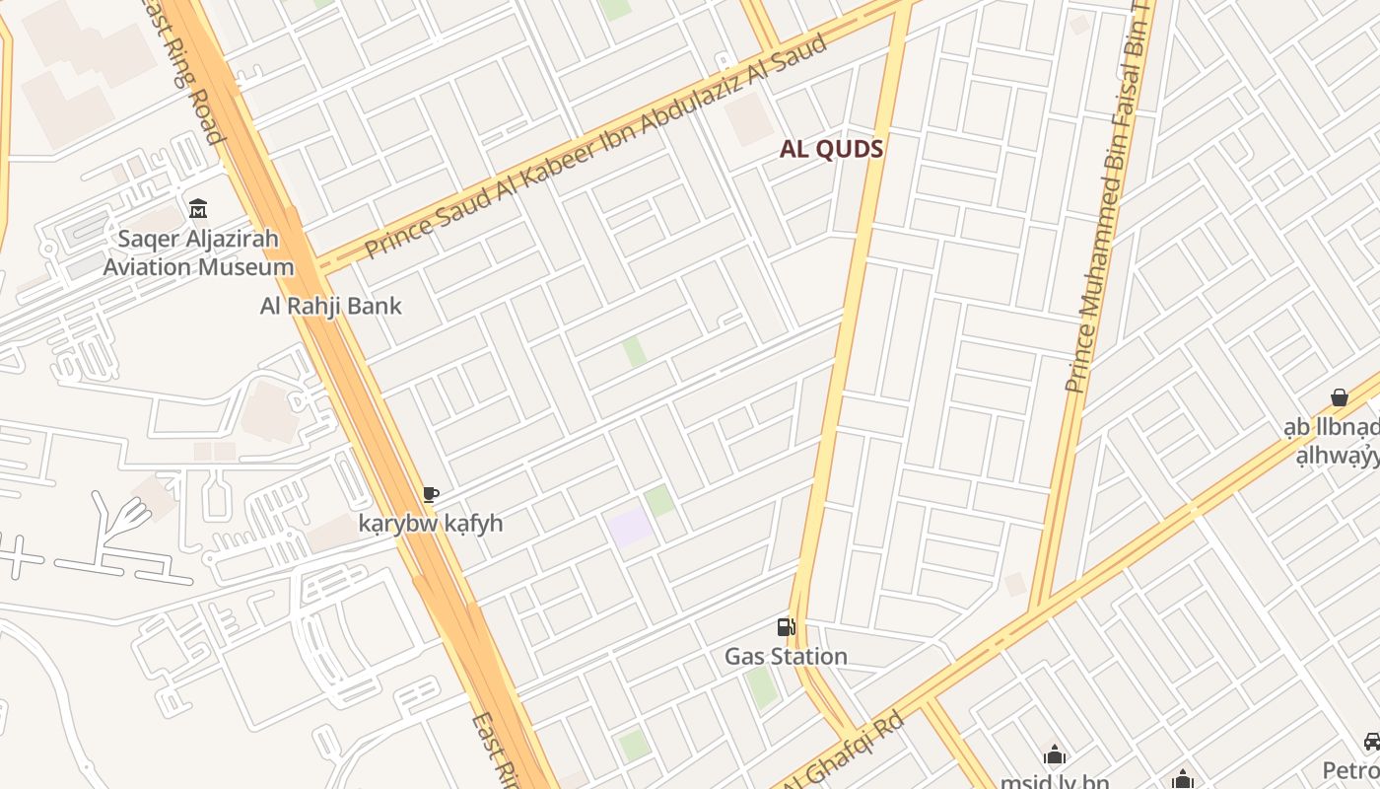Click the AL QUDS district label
[x=831, y=149]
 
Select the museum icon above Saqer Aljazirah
[x=198, y=208]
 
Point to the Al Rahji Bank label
[x=330, y=306]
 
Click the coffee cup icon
[x=430, y=494]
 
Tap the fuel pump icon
[x=786, y=626]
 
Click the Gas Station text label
[x=786, y=656]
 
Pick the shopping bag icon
[x=1339, y=397]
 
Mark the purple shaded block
[x=631, y=527]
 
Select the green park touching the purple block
[x=660, y=500]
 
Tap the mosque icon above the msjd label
[x=1055, y=755]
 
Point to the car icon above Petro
[x=1371, y=741]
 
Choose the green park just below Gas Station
[x=762, y=687]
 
